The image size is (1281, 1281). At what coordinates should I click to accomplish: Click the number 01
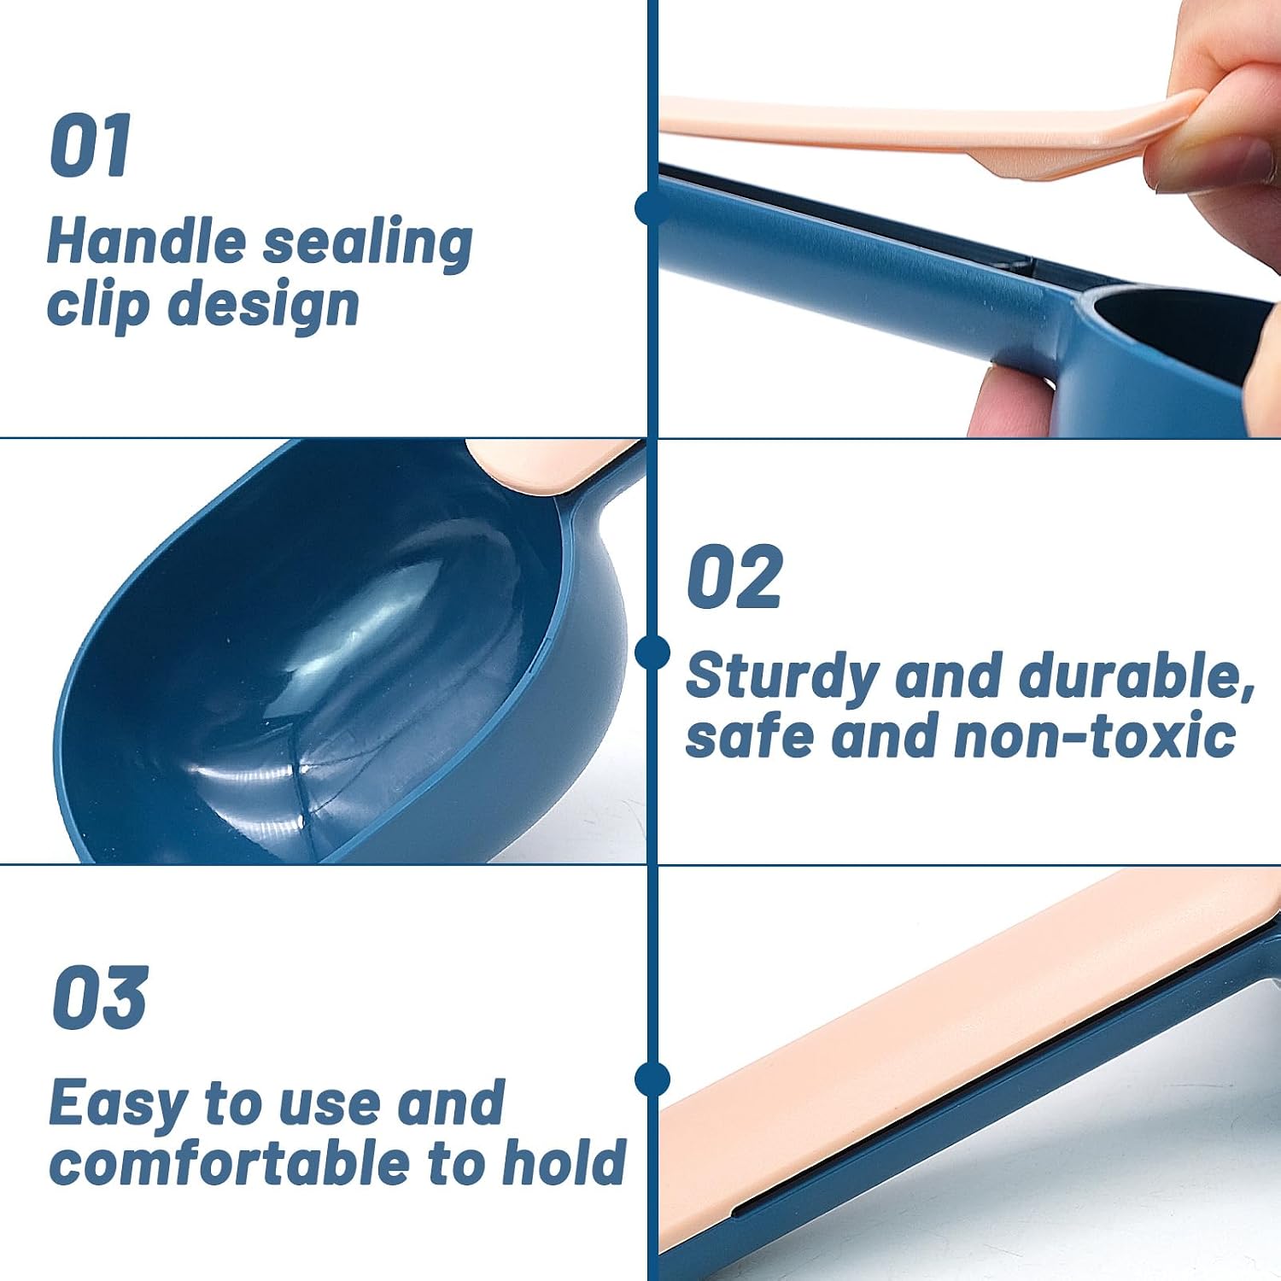(x=90, y=145)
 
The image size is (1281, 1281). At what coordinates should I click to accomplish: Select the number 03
(x=100, y=997)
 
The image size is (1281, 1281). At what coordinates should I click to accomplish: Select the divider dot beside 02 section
(x=652, y=652)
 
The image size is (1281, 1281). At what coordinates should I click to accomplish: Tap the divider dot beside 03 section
(x=652, y=1079)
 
